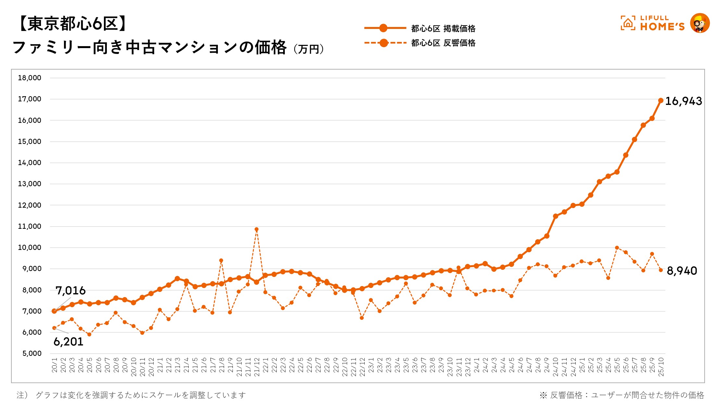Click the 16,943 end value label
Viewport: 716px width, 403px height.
point(684,101)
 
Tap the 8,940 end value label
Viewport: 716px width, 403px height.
point(682,271)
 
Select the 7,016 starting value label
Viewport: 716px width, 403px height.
point(70,290)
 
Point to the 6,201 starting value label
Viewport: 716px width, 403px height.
point(69,342)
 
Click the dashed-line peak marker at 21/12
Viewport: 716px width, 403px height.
point(257,229)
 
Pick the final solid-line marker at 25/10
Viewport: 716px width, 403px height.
point(661,100)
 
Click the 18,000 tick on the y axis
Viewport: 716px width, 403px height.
point(30,78)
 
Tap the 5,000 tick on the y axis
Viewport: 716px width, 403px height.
point(32,354)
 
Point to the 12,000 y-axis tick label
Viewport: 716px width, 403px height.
point(30,205)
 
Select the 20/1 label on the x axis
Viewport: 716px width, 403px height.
point(55,365)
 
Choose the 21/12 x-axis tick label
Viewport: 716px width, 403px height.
point(257,367)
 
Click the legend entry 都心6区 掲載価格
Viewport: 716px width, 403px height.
point(443,29)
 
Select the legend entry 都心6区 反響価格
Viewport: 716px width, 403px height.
point(443,43)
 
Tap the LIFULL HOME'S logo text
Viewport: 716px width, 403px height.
point(662,23)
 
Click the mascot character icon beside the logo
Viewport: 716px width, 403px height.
point(700,23)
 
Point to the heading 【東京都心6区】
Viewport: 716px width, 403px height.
point(71,24)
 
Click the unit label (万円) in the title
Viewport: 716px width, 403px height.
point(308,49)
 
